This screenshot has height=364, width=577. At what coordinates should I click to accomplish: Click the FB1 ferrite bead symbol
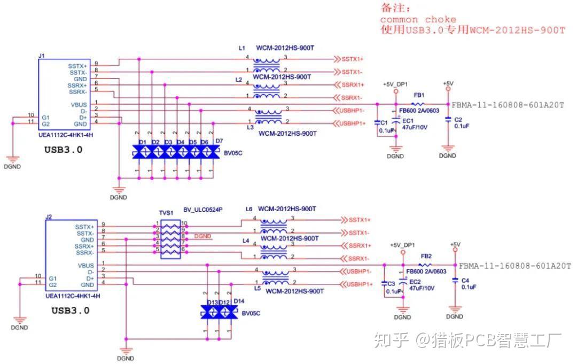coord(419,104)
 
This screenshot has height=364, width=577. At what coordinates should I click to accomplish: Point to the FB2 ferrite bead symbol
coord(425,265)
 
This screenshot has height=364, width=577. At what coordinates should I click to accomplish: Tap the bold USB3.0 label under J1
coord(63,150)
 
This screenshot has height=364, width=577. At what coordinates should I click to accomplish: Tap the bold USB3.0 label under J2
coord(70,310)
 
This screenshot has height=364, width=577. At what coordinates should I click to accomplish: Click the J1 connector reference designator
coord(42,56)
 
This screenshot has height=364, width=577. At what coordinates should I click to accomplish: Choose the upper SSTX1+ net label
coord(353,59)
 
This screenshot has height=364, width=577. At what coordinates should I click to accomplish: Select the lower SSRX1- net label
coord(359,259)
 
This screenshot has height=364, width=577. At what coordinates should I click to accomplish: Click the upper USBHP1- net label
coord(352,111)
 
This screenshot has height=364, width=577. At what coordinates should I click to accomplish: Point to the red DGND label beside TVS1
coord(204,236)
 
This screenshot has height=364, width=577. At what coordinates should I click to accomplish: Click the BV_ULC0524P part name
coord(202,211)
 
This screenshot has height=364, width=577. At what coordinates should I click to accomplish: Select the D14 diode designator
coord(238,301)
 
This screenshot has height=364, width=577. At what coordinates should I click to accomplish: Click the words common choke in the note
coord(418,19)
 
